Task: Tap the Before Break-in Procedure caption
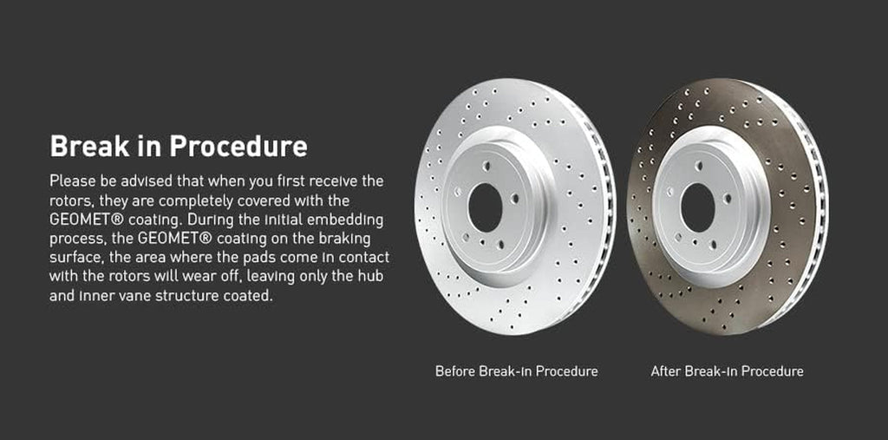(516, 371)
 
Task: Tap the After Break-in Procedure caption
(727, 371)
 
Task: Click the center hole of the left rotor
(485, 207)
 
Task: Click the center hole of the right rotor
(697, 207)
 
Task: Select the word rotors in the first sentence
(71, 200)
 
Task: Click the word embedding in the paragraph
(348, 220)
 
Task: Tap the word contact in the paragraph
(362, 258)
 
